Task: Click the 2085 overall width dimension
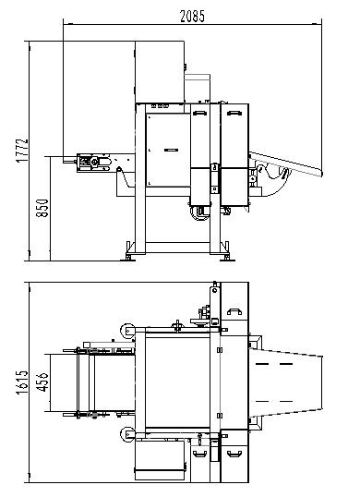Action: pyautogui.click(x=192, y=17)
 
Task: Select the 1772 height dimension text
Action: pyautogui.click(x=22, y=151)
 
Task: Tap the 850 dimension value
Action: pyautogui.click(x=42, y=208)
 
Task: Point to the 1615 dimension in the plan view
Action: pyautogui.click(x=22, y=382)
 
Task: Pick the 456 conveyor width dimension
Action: pyautogui.click(x=42, y=382)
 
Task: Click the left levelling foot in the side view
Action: pyautogui.click(x=128, y=256)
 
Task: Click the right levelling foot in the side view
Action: pyautogui.click(x=226, y=256)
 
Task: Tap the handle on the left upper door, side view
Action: pyautogui.click(x=199, y=113)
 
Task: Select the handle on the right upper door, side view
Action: pyautogui.click(x=234, y=113)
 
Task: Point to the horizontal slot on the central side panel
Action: pyautogui.click(x=171, y=150)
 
